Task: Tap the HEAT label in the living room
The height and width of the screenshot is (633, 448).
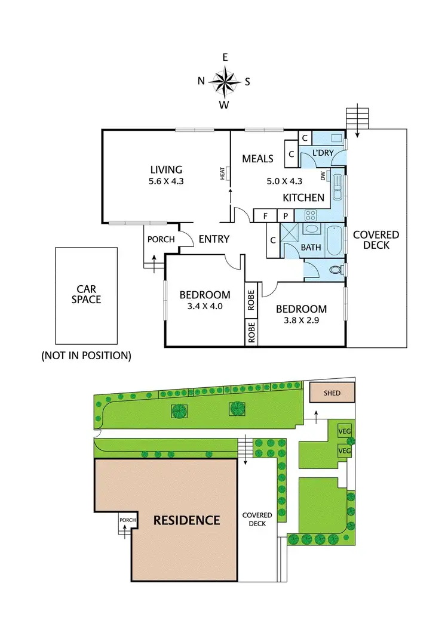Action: click(x=223, y=174)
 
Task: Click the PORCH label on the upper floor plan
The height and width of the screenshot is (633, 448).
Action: click(x=160, y=239)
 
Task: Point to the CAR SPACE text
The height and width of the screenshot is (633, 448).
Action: click(x=87, y=294)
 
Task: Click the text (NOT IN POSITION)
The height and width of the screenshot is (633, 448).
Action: click(x=86, y=356)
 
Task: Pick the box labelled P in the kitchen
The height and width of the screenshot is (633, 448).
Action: click(x=286, y=215)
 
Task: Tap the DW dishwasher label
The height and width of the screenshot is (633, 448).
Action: click(x=323, y=176)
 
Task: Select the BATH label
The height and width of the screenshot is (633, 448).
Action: click(x=311, y=247)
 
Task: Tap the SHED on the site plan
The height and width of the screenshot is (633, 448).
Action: click(x=332, y=394)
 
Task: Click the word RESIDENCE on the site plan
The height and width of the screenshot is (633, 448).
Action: click(x=187, y=520)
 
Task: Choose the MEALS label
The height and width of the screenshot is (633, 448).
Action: click(x=257, y=158)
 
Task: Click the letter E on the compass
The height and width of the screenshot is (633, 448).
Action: click(x=225, y=57)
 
